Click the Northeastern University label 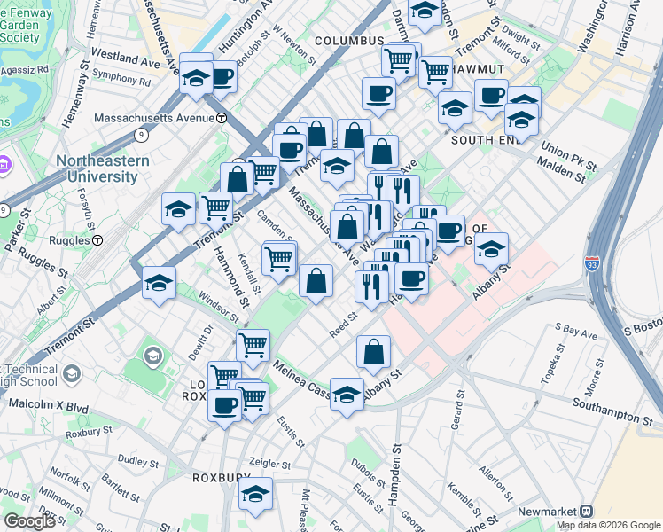(97, 168)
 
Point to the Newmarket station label (542, 512)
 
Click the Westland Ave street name (130, 58)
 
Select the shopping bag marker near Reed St (373, 351)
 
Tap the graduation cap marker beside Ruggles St (159, 283)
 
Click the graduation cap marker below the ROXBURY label (256, 496)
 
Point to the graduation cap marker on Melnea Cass (347, 394)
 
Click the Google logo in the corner (29, 521)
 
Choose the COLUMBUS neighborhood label (348, 41)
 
